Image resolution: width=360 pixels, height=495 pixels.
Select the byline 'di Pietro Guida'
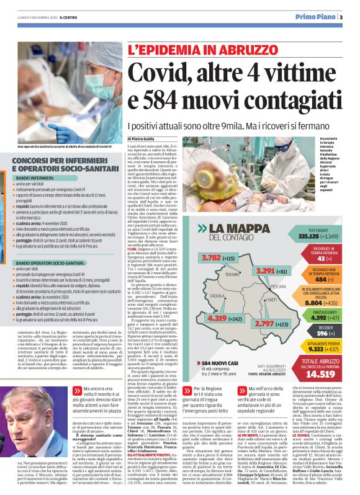(x=143, y=139)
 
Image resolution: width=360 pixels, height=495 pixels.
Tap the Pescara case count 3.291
(x=255, y=271)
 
